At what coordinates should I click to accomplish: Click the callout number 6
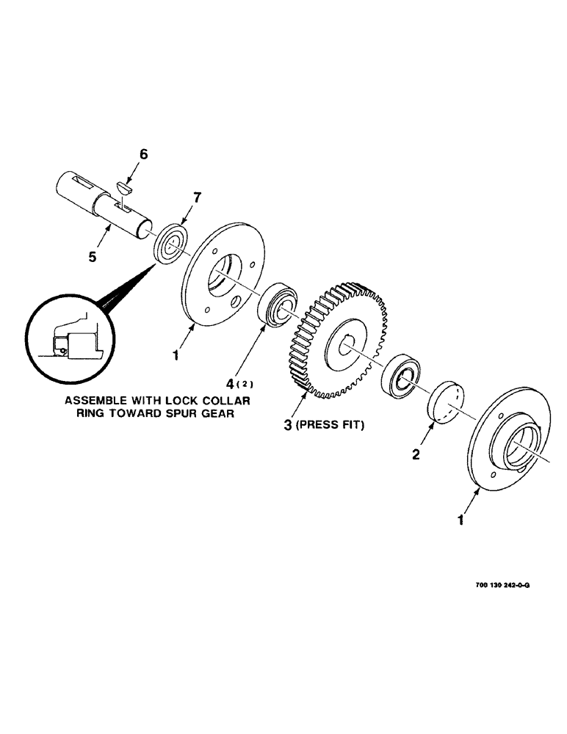(143, 154)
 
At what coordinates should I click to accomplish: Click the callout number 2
(416, 454)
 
